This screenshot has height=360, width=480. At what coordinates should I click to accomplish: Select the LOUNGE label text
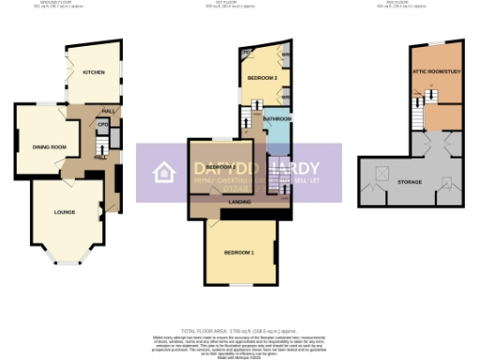point(65,212)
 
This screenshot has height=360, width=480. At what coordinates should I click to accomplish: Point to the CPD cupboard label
point(103,124)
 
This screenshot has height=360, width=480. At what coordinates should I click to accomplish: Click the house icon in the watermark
point(165,172)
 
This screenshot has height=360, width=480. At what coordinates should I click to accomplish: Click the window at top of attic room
point(438,42)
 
